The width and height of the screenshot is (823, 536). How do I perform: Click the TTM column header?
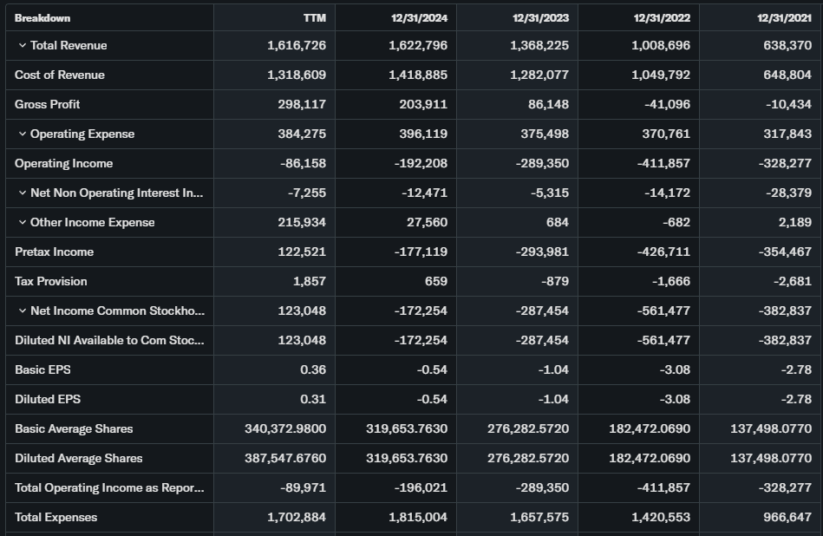[315, 17]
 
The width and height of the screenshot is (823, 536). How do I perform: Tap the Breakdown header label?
[42, 17]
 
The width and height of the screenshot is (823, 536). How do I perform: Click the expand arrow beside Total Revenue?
[22, 45]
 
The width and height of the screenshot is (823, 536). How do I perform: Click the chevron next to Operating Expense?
[22, 134]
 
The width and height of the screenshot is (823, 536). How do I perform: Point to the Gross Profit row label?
[47, 104]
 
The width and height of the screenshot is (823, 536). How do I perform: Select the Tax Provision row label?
[51, 281]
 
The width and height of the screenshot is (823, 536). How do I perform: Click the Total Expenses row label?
[56, 517]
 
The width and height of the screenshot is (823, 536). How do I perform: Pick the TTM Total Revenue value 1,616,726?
[297, 45]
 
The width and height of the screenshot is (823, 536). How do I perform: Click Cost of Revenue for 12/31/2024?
[418, 75]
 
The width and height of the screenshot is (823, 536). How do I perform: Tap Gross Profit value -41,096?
[667, 104]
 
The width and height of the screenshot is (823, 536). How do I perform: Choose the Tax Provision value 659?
[435, 281]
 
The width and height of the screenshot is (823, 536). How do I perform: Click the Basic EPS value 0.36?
[313, 369]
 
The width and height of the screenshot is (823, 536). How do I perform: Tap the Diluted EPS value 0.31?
[313, 399]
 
